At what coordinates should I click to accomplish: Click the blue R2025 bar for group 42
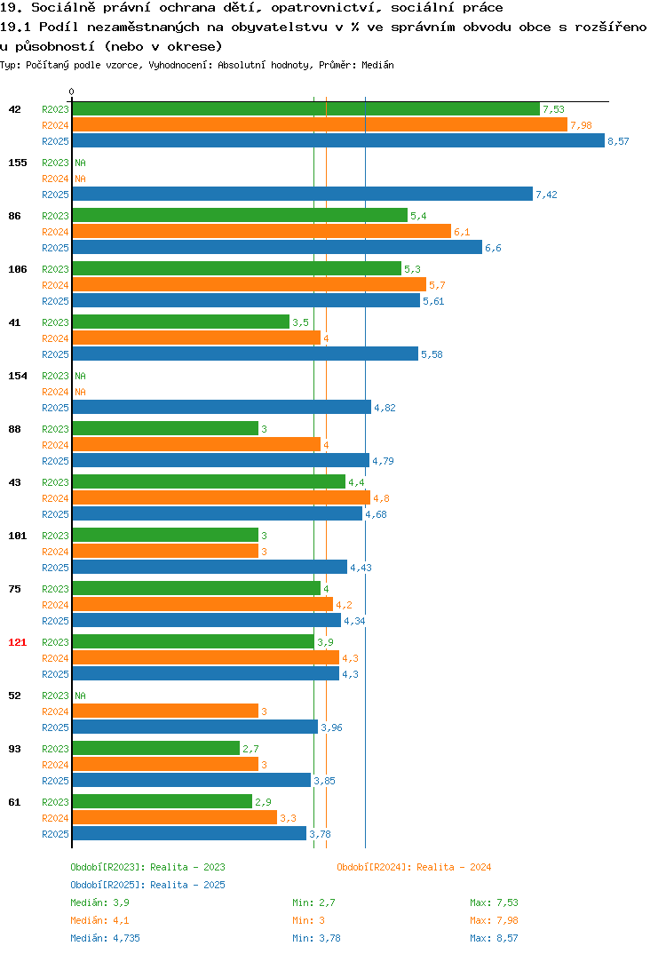click(338, 140)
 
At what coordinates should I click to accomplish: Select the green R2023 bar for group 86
click(240, 215)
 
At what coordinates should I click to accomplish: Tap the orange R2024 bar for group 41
click(196, 338)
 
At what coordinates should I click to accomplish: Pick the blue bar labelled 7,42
click(302, 194)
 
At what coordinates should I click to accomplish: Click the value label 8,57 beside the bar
click(618, 141)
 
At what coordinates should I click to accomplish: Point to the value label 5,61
click(433, 301)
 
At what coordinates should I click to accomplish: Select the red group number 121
click(18, 642)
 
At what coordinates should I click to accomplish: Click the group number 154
click(18, 376)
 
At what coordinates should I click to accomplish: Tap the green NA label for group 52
click(80, 696)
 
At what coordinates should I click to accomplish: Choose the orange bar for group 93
click(165, 764)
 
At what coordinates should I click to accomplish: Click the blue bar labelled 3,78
click(189, 833)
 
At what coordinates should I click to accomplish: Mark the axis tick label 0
click(71, 91)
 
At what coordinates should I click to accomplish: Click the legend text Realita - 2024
click(454, 867)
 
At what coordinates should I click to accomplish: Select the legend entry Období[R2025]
click(107, 885)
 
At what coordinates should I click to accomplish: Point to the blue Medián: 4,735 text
click(105, 938)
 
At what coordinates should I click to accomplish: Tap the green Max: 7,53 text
click(494, 902)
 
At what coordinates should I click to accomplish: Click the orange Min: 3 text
click(308, 920)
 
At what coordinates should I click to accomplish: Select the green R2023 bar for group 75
click(196, 588)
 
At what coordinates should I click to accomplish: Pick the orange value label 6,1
click(462, 233)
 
